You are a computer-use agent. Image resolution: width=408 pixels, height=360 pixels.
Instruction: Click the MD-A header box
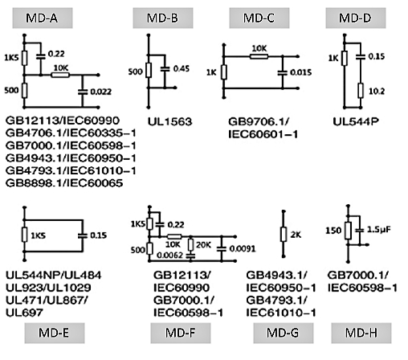point(43,18)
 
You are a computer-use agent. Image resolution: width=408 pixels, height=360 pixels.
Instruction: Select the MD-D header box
point(356,18)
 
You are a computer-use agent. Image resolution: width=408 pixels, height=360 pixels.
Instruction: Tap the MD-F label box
point(181,333)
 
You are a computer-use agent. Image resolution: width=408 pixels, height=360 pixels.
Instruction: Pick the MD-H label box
point(361,333)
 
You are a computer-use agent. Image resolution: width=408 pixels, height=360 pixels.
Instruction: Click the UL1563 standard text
point(170,122)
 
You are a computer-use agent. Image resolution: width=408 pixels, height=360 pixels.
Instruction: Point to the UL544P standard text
point(356,122)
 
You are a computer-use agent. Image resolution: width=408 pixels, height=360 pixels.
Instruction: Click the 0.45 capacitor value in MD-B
point(182,68)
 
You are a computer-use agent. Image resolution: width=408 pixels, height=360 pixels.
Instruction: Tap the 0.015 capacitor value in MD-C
point(301,72)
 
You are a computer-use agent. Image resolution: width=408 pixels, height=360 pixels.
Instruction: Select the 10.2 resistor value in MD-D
point(377,92)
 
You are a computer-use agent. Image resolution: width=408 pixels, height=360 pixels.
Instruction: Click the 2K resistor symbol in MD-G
point(284,234)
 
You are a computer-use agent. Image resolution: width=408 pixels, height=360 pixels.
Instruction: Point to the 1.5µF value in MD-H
point(378,230)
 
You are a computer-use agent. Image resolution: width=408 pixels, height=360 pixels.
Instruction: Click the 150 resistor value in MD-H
point(333,231)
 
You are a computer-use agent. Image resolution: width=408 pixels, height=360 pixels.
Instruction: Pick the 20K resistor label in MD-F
point(203,245)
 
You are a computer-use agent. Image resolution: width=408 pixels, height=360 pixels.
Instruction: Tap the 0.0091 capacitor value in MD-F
point(243,249)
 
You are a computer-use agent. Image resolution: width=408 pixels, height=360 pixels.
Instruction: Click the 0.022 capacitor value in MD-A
point(100,92)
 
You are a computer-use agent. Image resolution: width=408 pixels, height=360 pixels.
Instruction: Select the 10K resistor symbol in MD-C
point(259,56)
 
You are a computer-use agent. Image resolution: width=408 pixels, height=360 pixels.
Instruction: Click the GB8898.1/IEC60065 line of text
point(64,183)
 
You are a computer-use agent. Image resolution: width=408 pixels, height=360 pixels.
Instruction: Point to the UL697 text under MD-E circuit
point(24,313)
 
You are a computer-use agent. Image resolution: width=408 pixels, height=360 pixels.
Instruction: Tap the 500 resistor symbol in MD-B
point(149,71)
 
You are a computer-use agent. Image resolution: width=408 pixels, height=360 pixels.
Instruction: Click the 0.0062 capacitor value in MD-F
point(169,256)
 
